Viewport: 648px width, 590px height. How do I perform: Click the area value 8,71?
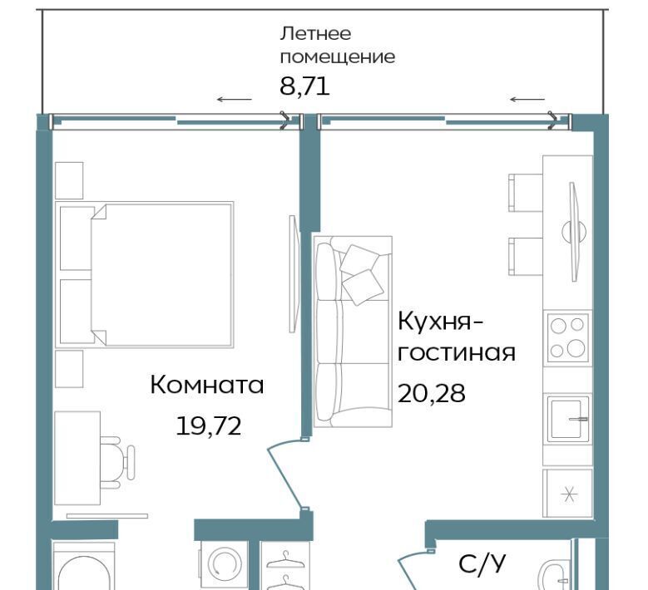(304, 87)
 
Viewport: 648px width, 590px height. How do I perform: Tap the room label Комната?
(207, 385)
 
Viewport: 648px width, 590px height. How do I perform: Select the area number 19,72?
(208, 426)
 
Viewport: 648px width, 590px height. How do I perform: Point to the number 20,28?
(432, 393)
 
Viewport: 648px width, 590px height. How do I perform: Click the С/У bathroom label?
(482, 564)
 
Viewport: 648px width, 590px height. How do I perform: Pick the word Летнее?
(315, 33)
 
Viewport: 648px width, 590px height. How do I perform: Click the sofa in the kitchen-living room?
(353, 332)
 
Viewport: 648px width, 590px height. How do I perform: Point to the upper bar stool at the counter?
(525, 193)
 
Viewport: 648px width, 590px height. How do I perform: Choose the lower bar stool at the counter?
(525, 257)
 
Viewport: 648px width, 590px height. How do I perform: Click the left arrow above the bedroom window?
(235, 99)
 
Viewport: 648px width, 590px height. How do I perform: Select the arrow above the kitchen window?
(527, 99)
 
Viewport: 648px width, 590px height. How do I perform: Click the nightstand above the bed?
(69, 180)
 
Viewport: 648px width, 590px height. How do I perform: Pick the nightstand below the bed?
(69, 369)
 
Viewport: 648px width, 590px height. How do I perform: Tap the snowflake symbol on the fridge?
(570, 494)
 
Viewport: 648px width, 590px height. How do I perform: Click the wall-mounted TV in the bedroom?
(294, 273)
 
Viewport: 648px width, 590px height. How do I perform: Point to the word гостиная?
(457, 353)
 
